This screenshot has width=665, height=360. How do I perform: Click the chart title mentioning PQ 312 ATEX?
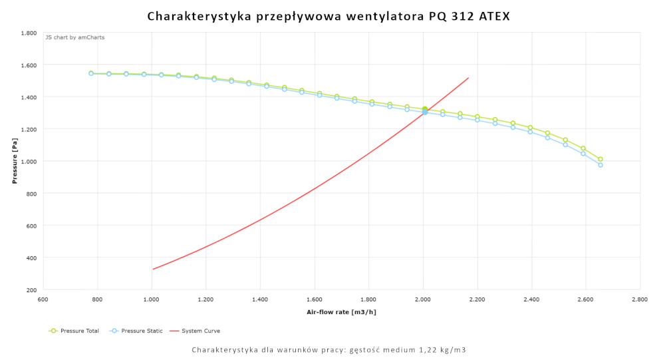click(x=329, y=15)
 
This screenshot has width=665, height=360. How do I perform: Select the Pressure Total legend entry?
click(x=74, y=331)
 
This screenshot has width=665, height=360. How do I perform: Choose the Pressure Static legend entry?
click(x=132, y=331)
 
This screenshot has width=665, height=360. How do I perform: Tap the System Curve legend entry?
click(x=195, y=331)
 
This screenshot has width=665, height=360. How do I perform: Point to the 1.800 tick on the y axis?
click(x=27, y=33)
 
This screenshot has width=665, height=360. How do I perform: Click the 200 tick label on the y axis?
click(x=31, y=289)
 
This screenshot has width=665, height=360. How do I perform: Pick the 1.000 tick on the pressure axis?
click(x=27, y=161)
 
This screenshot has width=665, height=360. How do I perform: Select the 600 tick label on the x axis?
click(x=43, y=301)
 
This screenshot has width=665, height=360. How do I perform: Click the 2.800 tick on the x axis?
click(x=640, y=301)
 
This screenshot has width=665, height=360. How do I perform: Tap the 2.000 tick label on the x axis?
click(x=423, y=301)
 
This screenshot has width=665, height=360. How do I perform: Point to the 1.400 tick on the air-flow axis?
click(x=260, y=301)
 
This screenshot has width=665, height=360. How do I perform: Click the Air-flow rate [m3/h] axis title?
click(x=341, y=311)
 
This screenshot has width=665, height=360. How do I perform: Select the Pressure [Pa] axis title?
click(x=14, y=161)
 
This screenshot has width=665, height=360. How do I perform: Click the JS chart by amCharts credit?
click(x=75, y=37)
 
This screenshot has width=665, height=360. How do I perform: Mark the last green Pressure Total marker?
click(x=600, y=159)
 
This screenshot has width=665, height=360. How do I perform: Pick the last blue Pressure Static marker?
click(x=600, y=165)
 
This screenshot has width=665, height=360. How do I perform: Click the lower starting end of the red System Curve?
click(x=153, y=270)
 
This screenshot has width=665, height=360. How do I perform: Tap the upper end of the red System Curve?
click(x=469, y=78)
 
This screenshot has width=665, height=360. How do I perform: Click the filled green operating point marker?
click(x=424, y=109)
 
